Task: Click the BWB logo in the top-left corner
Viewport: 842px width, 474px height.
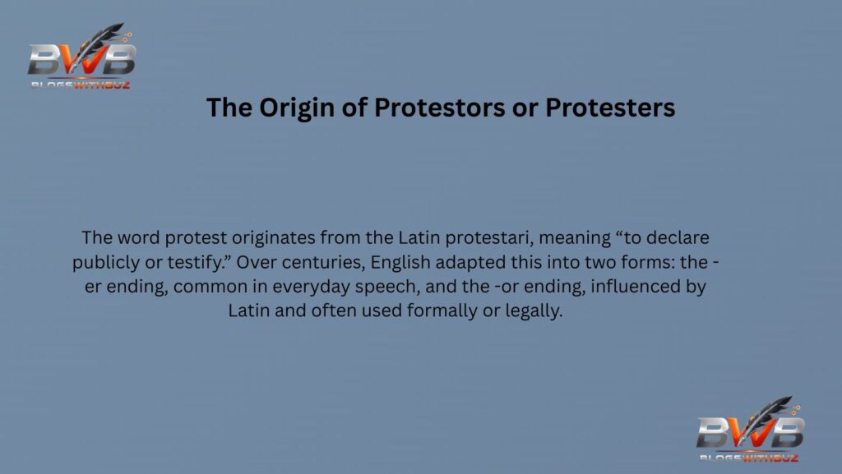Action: point(81,58)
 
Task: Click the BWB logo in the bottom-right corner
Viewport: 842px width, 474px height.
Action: point(749,430)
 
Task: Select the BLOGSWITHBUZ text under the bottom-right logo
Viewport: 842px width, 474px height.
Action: point(748,457)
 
